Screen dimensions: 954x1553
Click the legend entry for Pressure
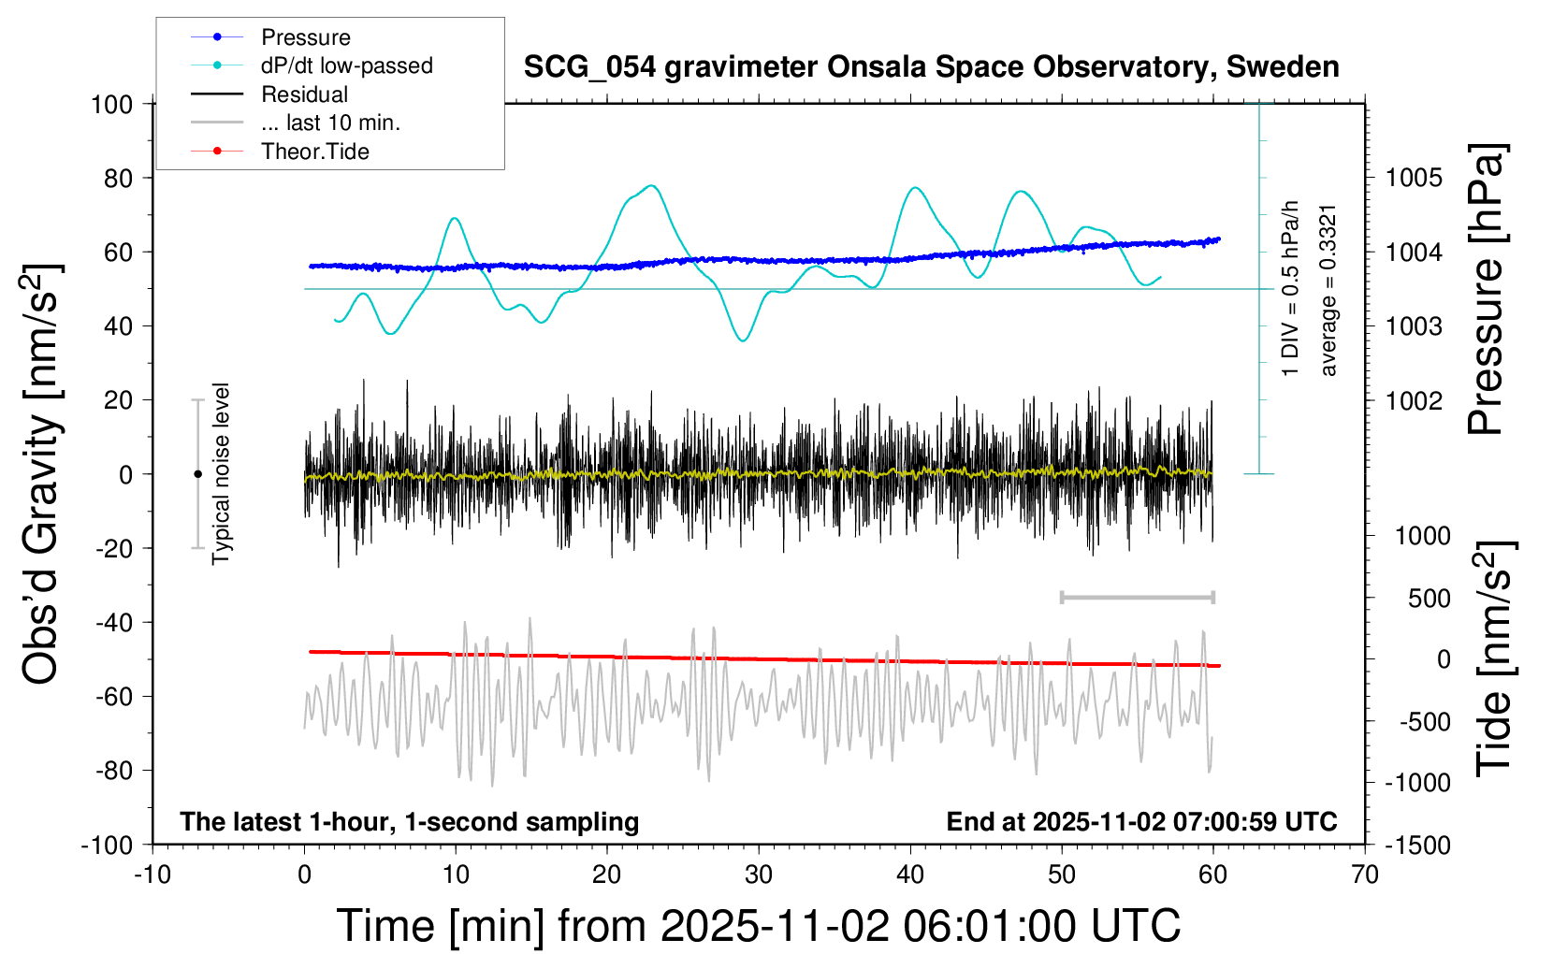[305, 37]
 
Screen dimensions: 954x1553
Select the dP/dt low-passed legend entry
[346, 65]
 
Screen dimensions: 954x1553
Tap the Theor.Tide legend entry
[314, 152]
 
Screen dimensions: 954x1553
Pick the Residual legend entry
[304, 94]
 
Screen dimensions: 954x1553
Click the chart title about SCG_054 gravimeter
[931, 67]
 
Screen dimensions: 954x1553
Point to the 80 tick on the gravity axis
[118, 178]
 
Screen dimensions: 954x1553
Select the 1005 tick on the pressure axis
[1414, 178]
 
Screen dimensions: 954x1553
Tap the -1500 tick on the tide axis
[1417, 846]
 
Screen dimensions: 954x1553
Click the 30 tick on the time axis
[759, 875]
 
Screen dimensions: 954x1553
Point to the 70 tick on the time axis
[1365, 875]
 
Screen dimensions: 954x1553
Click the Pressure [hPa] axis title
[1486, 290]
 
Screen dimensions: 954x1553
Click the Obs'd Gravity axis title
[42, 473]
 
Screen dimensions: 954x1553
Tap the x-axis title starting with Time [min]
[758, 926]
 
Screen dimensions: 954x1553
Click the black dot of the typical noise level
[197, 474]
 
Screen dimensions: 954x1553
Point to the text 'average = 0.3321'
[1328, 290]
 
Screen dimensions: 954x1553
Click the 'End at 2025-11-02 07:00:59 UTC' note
[1141, 822]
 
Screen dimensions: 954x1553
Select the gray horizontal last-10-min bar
[1137, 598]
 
